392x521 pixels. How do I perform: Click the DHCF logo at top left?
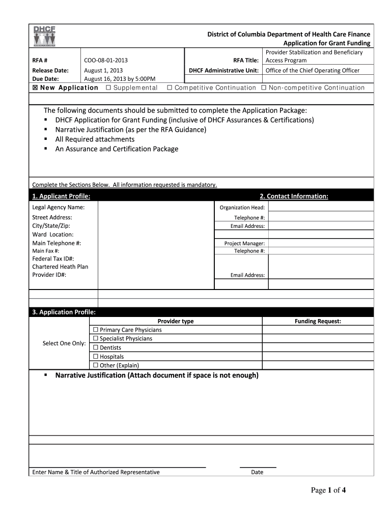(44, 36)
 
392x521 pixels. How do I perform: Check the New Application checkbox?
(35, 88)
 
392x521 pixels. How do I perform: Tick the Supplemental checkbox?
(108, 88)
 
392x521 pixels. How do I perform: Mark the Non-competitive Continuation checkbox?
(264, 88)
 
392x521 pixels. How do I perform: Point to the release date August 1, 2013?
(103, 70)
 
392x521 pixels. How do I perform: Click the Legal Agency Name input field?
(155, 208)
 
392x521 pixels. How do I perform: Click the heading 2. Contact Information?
(294, 196)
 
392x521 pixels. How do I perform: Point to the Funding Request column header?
(318, 322)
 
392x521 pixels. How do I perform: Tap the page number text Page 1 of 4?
(328, 490)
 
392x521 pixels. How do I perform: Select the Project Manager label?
(244, 244)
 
